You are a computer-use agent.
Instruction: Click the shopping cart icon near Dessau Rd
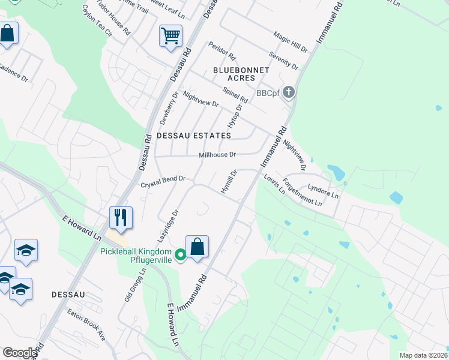[171, 35]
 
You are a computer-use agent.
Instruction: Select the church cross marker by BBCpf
[289, 92]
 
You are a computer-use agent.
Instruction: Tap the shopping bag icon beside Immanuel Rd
[197, 247]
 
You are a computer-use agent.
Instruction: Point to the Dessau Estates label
[193, 136]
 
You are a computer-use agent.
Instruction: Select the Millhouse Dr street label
[218, 155]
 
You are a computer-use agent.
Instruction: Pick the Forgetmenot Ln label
[303, 193]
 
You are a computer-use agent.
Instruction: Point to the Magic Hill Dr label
[291, 42]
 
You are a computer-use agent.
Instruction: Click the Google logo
[20, 352]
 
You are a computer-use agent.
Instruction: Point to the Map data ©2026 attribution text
[423, 355]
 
